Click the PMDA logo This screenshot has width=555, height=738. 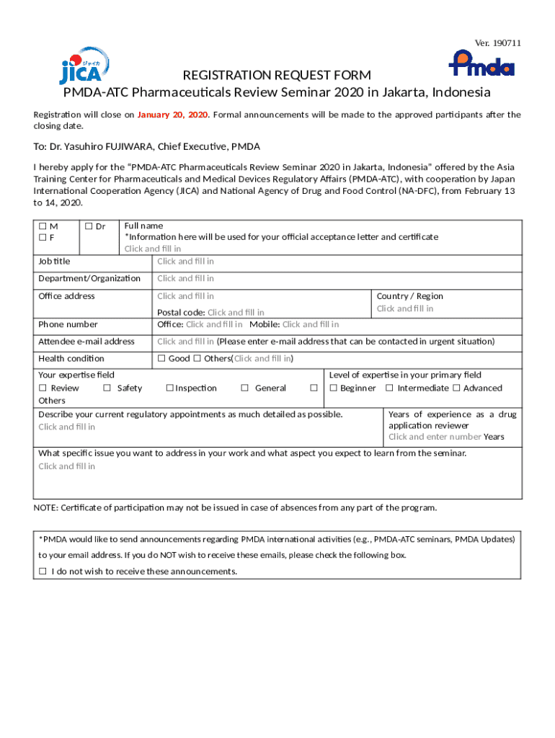tap(481, 63)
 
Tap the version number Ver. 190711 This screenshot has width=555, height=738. tap(497, 43)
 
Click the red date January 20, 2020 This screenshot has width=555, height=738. tap(172, 115)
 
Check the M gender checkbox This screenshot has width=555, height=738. tap(43, 226)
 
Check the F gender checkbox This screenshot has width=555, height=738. tap(43, 237)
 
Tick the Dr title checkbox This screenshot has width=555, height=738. tap(89, 226)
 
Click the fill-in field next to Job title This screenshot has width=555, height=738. tap(185, 262)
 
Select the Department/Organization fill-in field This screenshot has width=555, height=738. tap(185, 278)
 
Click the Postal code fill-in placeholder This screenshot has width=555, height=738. tap(236, 313)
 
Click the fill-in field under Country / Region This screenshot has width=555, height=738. tap(404, 308)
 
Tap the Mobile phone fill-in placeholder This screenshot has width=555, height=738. tap(311, 324)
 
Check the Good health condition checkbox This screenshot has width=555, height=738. tap(162, 358)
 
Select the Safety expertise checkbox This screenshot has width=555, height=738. tap(107, 388)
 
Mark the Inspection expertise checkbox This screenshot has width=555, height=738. tap(169, 388)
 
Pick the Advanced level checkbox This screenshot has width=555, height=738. tap(456, 388)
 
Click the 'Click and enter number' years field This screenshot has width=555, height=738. tap(435, 437)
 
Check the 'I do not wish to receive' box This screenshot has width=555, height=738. tap(43, 572)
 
